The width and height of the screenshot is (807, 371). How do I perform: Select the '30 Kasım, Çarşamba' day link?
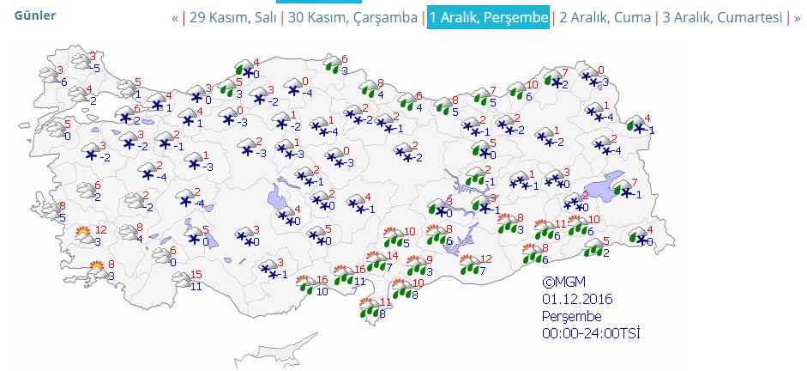pyautogui.click(x=352, y=17)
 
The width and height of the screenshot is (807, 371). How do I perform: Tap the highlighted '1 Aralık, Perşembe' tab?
pyautogui.click(x=488, y=17)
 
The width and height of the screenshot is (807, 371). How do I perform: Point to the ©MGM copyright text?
pyautogui.click(x=561, y=282)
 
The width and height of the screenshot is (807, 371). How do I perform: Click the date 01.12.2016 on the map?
pyautogui.click(x=577, y=298)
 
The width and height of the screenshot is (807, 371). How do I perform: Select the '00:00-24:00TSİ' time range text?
pyautogui.click(x=591, y=332)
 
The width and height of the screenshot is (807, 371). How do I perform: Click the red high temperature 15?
pyautogui.click(x=196, y=275)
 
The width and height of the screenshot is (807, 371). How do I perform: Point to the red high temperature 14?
pyautogui.click(x=393, y=256)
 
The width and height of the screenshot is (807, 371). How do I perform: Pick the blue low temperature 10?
pyautogui.click(x=322, y=291)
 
